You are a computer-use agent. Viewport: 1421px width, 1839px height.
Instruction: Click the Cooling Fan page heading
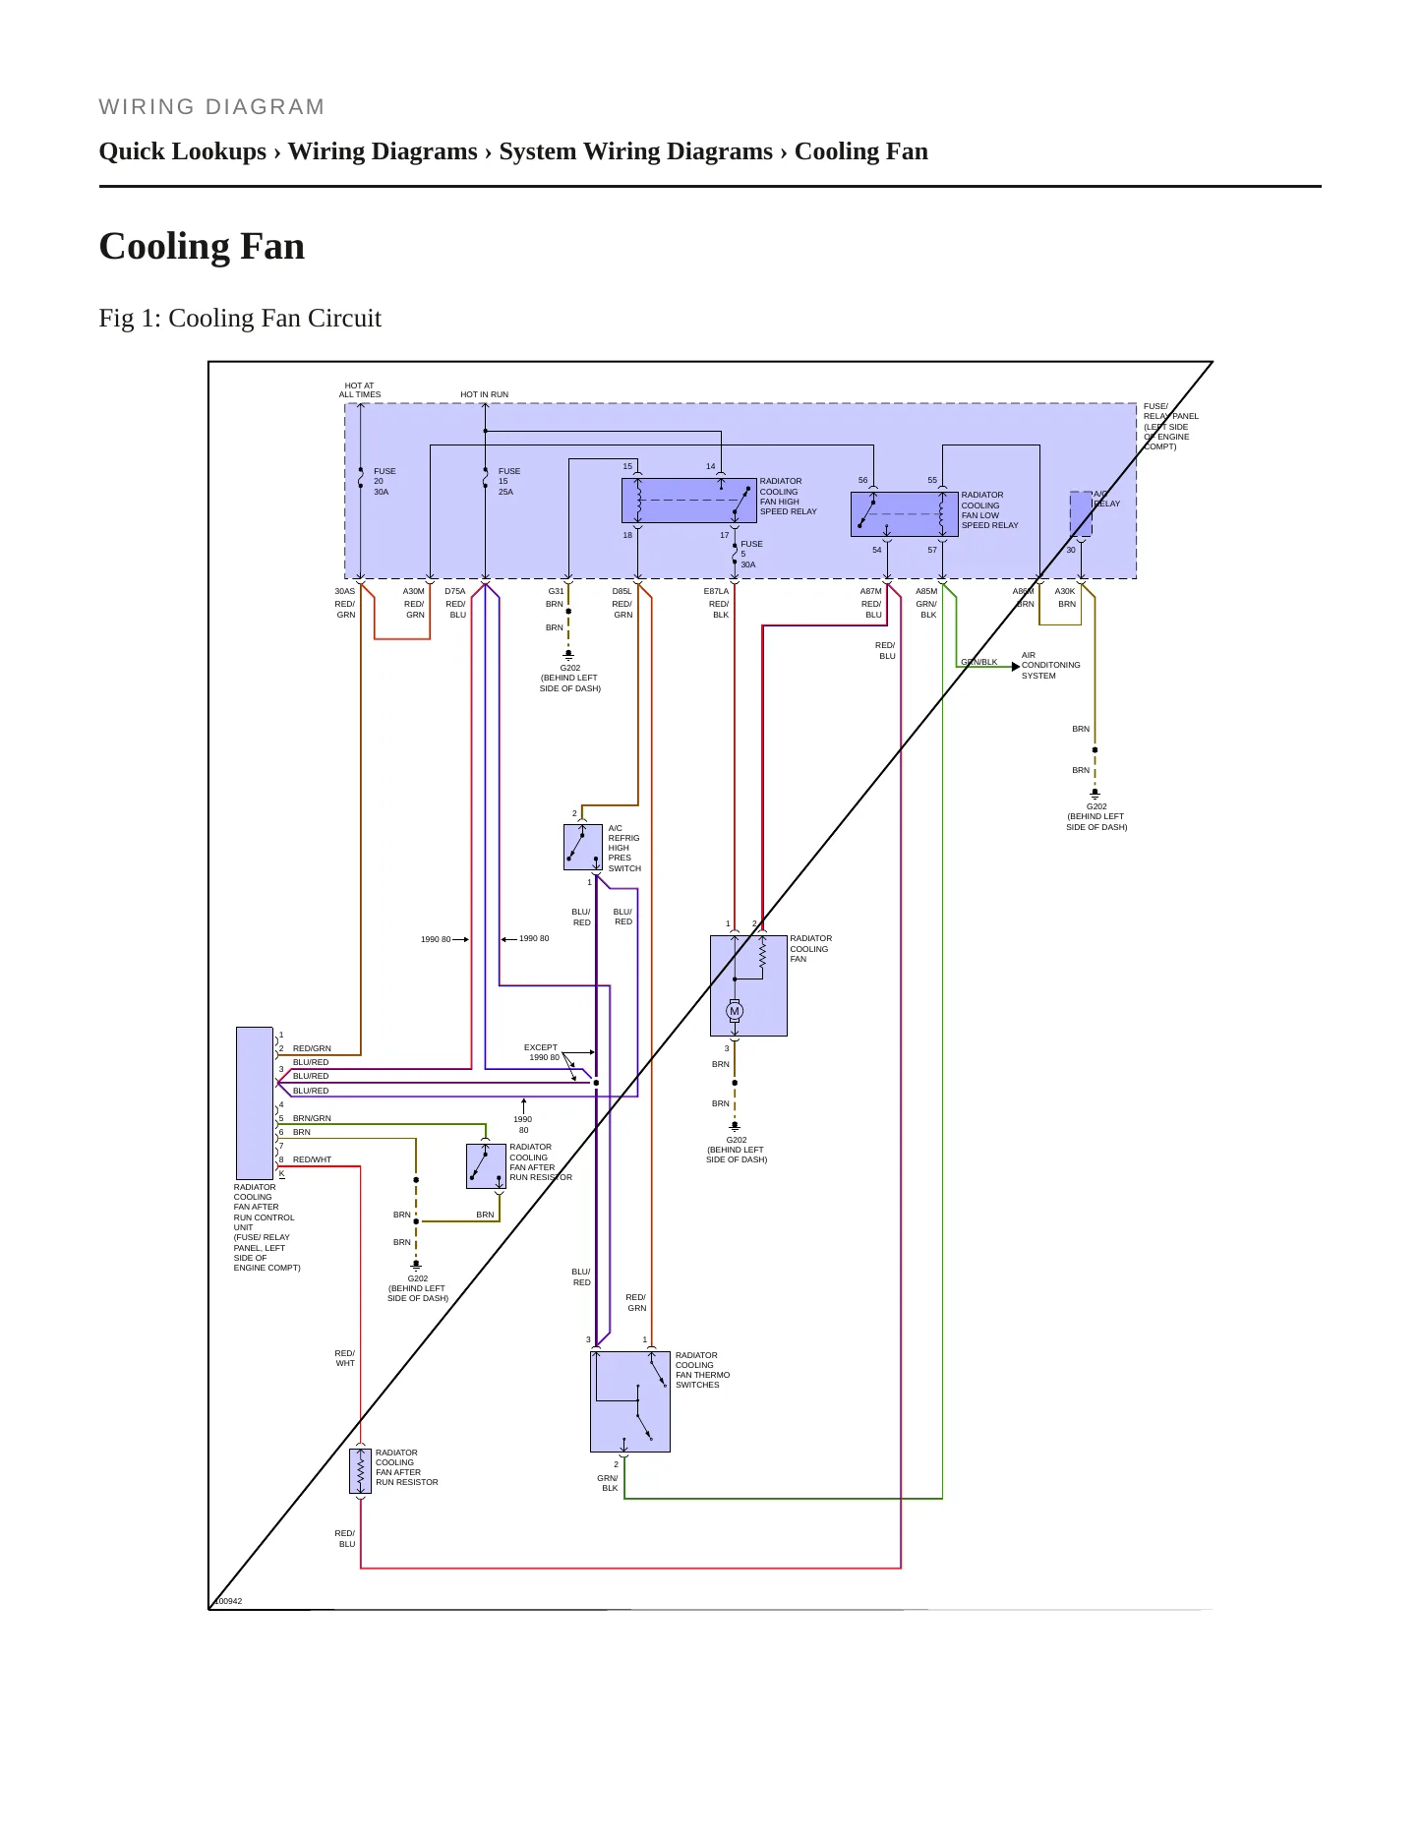pos(202,246)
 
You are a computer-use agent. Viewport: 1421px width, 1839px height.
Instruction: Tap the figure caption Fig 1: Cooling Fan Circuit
pos(240,318)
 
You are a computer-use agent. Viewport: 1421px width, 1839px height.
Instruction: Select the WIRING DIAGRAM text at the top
pos(211,107)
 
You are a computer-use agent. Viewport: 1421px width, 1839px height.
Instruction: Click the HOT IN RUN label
pos(485,394)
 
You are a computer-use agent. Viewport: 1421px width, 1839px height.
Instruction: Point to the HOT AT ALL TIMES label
pos(360,390)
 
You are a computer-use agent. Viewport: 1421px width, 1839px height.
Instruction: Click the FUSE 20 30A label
pos(385,482)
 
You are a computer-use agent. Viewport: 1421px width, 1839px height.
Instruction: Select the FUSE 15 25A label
pos(509,482)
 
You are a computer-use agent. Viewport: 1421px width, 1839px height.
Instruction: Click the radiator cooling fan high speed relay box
pos(689,501)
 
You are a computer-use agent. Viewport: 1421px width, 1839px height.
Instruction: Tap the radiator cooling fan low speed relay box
pos(905,514)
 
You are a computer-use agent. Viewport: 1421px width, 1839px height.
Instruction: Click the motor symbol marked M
pos(735,1011)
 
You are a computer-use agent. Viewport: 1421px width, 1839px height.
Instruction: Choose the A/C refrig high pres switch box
pos(583,848)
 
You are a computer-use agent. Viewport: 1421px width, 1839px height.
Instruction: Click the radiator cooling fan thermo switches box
pos(630,1401)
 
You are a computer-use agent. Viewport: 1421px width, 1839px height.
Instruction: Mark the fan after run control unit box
pos(255,1103)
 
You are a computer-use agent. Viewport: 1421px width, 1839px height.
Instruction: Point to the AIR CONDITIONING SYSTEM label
pos(1051,666)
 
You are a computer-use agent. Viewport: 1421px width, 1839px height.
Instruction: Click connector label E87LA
pos(717,592)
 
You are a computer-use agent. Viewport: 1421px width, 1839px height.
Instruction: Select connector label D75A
pos(455,592)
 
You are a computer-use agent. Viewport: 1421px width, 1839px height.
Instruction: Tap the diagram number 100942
pos(228,1601)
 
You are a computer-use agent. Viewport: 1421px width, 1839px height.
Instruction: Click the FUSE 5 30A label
pos(751,555)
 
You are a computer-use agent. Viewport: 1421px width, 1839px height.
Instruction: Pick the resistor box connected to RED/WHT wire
pos(361,1471)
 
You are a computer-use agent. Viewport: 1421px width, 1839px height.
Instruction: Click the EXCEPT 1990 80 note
pos(542,1052)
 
